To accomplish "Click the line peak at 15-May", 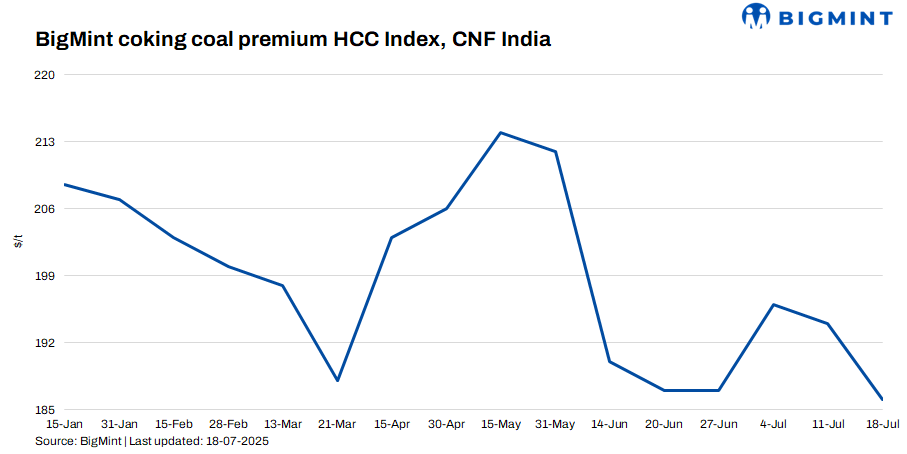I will (501, 132).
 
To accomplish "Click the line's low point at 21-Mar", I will (338, 381).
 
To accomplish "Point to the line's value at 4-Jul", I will (773, 304).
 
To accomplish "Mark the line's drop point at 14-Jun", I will (610, 361).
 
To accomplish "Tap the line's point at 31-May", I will (556, 151).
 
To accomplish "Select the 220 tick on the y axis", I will (45, 75).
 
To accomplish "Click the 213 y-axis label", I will (45, 142).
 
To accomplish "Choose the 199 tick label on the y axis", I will (45, 276).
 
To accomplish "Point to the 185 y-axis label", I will (45, 410).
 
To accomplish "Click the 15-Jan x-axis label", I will (65, 424).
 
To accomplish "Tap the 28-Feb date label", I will (229, 424).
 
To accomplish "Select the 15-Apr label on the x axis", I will (392, 424).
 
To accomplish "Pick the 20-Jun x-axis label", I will (664, 424).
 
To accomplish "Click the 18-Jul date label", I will (882, 424).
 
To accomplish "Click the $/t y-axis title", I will (18, 242).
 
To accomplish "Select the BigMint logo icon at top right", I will (756, 16).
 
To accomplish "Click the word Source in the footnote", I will (54, 440).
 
